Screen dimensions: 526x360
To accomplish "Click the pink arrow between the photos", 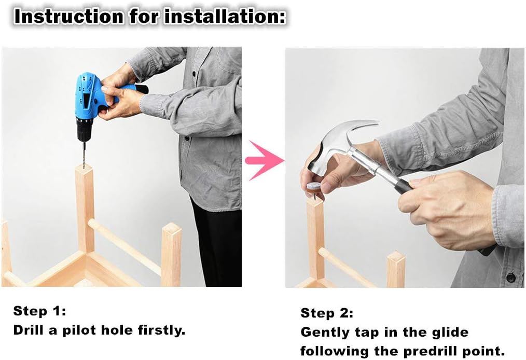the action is coord(265,160).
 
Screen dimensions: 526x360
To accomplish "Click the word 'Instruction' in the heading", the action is coord(68,16).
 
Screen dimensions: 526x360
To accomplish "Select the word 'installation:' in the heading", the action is coord(225,16).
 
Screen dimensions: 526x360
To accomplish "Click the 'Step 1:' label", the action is coord(39,311).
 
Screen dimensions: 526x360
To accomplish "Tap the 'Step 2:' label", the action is coord(327,313).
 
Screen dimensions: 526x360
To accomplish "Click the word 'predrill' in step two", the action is coord(430,351).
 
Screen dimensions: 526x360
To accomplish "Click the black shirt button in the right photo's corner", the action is coord(510,278).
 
